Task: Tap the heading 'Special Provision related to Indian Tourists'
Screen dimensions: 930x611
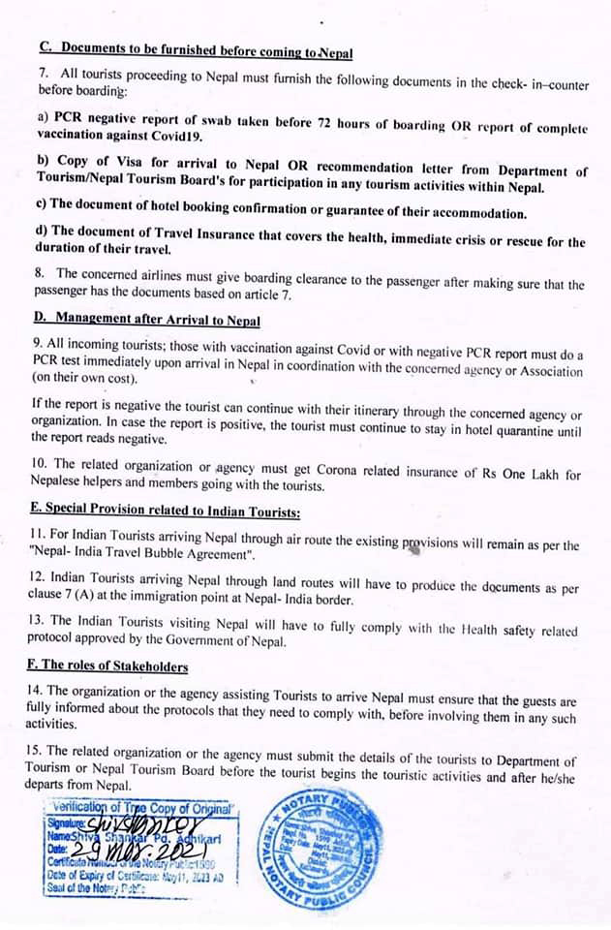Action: click(169, 512)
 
